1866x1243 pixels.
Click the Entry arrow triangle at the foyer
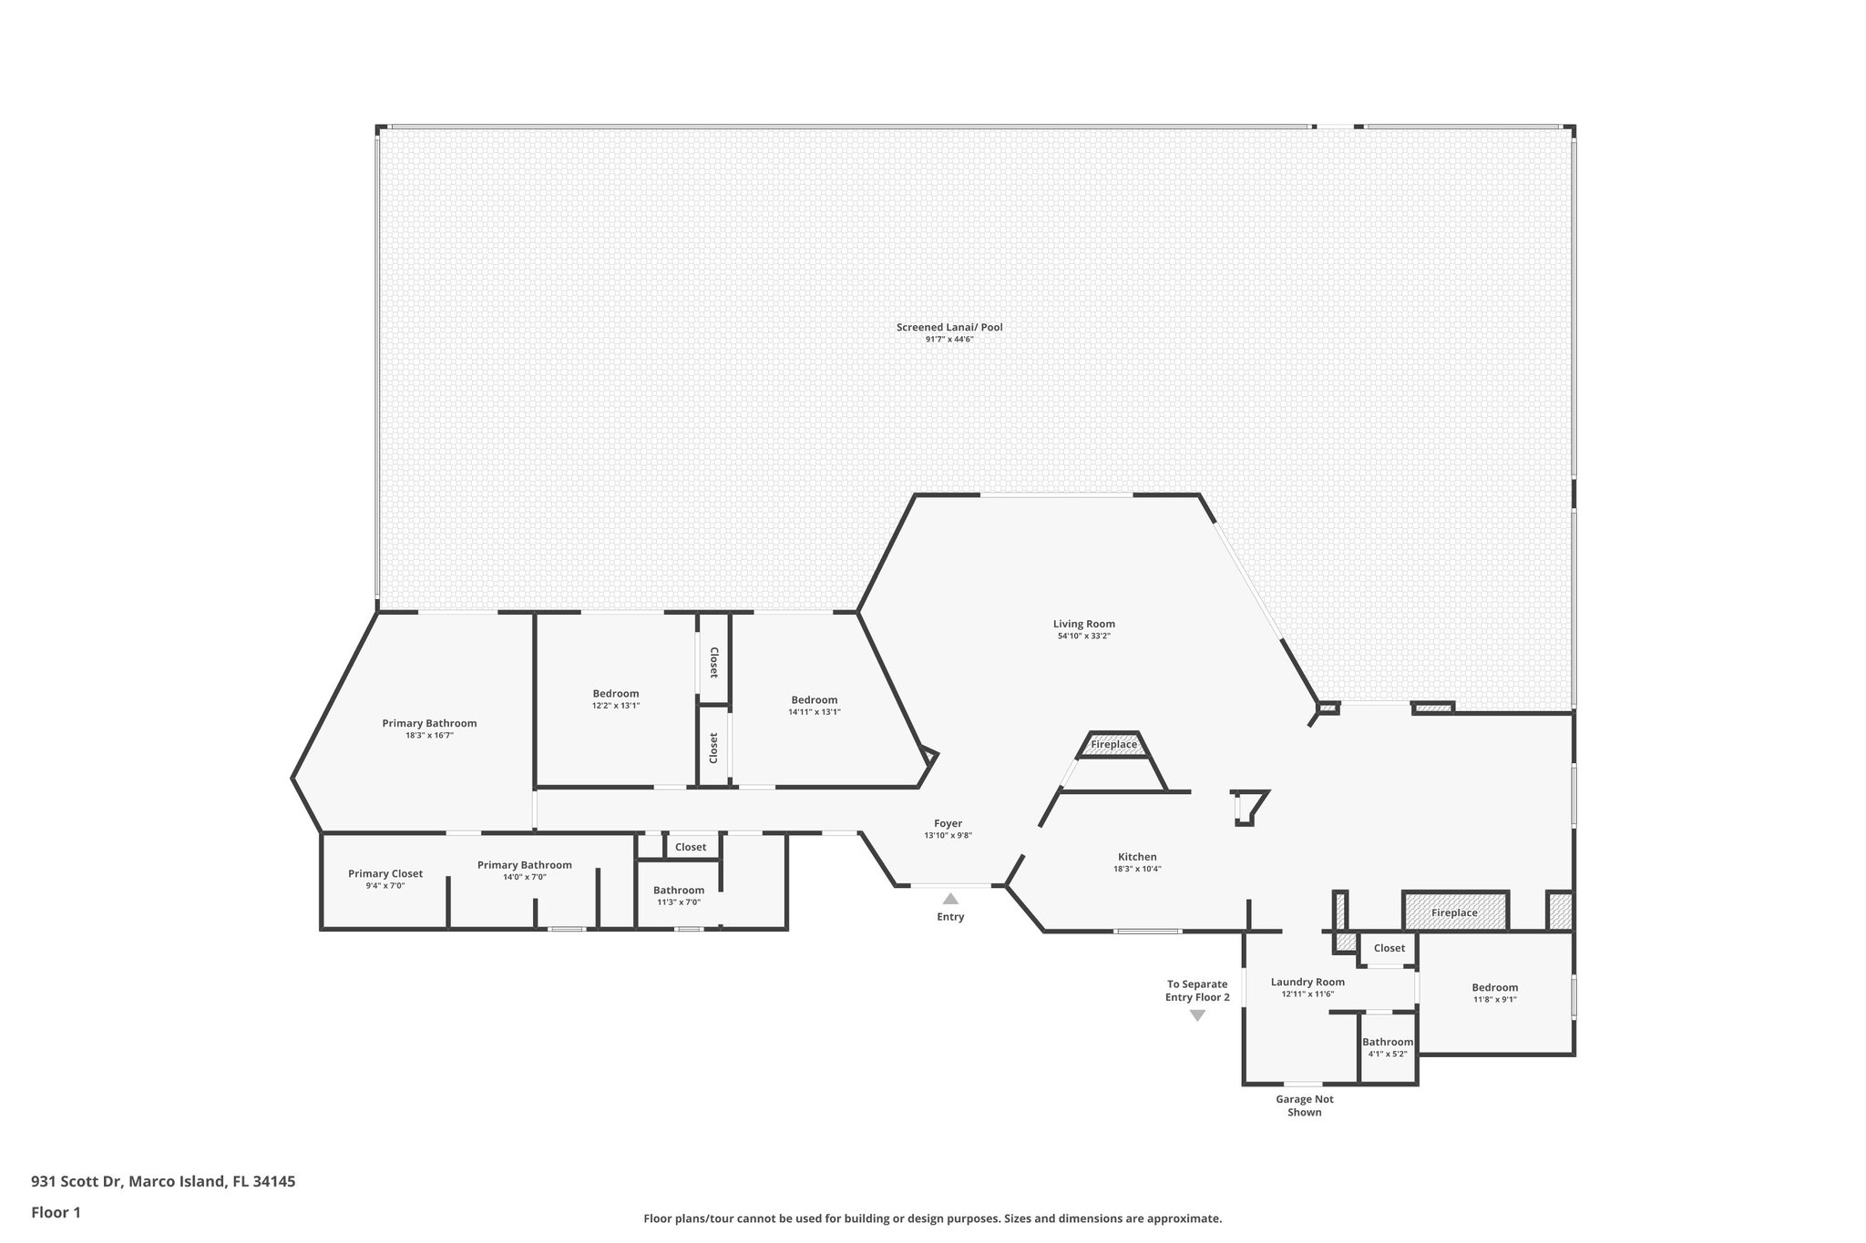pos(950,899)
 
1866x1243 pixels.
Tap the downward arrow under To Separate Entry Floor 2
pos(1197,1015)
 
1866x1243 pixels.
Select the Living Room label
pos(1084,624)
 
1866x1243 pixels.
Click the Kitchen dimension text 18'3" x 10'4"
pos(1137,869)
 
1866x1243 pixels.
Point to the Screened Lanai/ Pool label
pos(949,327)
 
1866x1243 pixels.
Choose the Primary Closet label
pos(385,873)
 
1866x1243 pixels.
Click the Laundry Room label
pos(1307,982)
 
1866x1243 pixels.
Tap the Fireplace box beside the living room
pos(1113,745)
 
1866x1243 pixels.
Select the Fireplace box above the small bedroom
pos(1455,912)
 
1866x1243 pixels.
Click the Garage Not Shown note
pos(1305,1105)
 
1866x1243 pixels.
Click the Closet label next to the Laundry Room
pos(1389,948)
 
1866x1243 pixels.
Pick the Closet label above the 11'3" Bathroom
pos(691,847)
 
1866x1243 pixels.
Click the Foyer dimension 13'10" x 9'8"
pos(948,835)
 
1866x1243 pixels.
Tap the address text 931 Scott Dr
pos(77,1181)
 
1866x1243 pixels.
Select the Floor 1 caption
pos(56,1212)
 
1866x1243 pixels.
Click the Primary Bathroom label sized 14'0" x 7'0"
pos(525,865)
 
